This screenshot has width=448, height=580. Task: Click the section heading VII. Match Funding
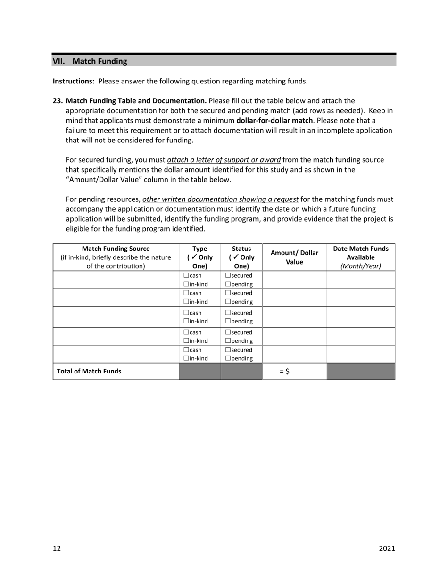(90, 61)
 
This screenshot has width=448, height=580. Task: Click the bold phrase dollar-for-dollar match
(274, 121)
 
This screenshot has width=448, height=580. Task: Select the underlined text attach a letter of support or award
(224, 160)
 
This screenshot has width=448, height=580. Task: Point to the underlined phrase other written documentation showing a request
(220, 199)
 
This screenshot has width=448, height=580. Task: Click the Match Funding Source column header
(116, 257)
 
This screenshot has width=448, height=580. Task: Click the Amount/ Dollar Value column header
(294, 257)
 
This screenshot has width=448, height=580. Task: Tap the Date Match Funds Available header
(361, 257)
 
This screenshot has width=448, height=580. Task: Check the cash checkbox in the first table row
(186, 275)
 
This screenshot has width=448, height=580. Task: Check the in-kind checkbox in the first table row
(186, 284)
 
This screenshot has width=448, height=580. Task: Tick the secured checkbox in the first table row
(228, 275)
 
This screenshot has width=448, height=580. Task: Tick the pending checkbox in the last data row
(228, 358)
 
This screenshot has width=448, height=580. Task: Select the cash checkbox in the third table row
(186, 313)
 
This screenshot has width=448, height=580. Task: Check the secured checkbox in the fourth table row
(228, 332)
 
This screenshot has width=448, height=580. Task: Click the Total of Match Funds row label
(89, 371)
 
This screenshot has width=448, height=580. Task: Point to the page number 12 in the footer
(57, 548)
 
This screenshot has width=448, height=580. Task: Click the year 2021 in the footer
(387, 548)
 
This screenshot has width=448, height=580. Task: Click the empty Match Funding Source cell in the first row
(116, 280)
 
